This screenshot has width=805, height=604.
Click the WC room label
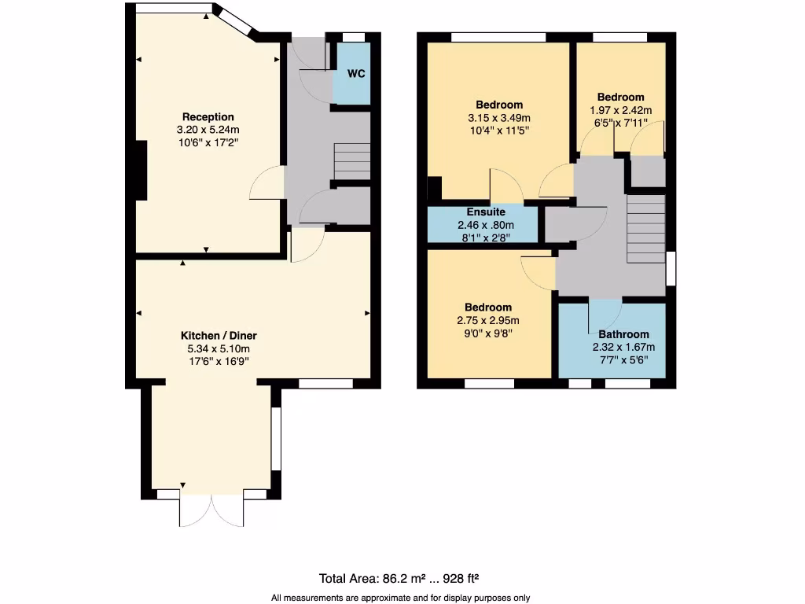coord(356,75)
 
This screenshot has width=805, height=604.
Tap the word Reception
coord(208,117)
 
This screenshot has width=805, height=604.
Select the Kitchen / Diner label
coord(212,335)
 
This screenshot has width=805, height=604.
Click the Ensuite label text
coord(486,212)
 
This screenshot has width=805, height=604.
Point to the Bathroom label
coord(623,334)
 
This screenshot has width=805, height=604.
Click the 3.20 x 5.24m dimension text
coord(208,131)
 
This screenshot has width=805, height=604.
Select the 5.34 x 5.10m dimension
coord(212,348)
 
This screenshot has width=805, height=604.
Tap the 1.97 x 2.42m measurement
coord(620,111)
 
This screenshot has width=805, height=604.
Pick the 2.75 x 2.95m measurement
coord(487,320)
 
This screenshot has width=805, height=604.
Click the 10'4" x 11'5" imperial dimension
coord(499,131)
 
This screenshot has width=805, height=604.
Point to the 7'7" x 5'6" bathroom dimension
coord(623,360)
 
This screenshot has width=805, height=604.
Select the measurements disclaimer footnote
coord(401,598)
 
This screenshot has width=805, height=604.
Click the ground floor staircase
coord(351,161)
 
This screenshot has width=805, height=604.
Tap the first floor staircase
coord(646,230)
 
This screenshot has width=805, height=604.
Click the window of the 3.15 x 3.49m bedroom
coord(498,37)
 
